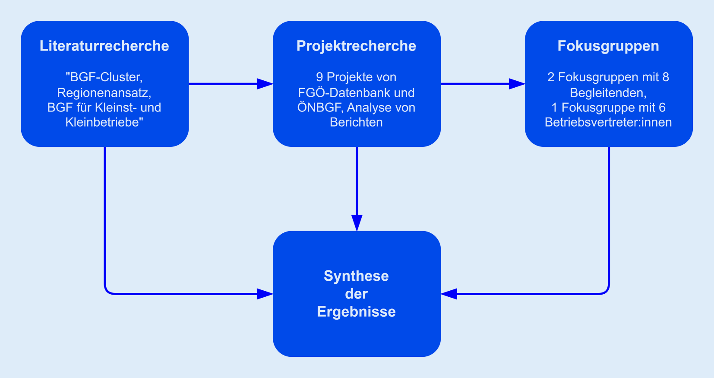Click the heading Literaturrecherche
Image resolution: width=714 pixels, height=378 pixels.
[x=104, y=46]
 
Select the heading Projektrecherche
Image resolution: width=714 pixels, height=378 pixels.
[x=356, y=46]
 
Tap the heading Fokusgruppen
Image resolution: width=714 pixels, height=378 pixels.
[x=608, y=46]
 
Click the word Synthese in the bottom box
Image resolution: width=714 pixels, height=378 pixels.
[x=356, y=276]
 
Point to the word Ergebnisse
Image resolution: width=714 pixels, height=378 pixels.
[x=356, y=312]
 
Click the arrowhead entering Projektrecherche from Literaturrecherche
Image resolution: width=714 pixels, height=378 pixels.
[x=265, y=84]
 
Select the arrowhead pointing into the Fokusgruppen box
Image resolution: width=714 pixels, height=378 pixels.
[x=517, y=84]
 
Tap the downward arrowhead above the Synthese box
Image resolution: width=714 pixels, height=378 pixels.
[x=357, y=222]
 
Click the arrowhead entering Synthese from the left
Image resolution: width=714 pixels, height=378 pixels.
[x=265, y=294]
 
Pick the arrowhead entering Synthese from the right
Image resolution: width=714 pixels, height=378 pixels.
[x=449, y=294]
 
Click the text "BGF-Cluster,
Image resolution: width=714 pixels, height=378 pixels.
[x=104, y=77]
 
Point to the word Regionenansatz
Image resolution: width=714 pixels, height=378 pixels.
[x=104, y=93]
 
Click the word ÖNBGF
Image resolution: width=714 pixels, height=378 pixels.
[x=318, y=108]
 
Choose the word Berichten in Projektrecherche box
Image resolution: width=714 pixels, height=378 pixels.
[x=356, y=123]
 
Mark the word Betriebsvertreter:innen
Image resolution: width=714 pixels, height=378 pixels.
[x=608, y=123]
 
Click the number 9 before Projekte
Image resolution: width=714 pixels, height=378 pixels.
[x=319, y=77]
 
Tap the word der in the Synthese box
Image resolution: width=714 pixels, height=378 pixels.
[x=356, y=294]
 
